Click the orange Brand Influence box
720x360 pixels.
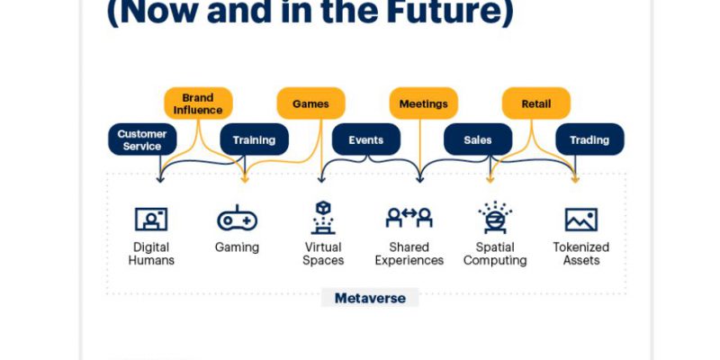198,103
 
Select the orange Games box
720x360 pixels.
310,103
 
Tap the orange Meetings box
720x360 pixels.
423,103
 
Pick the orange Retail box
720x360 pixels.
536,103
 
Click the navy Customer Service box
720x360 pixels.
142,139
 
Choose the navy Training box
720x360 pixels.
255,139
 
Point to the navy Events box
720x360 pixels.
366,139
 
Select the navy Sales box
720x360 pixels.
478,139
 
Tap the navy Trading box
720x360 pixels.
590,139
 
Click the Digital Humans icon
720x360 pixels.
151,219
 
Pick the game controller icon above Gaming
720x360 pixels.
237,218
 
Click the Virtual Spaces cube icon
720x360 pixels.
323,217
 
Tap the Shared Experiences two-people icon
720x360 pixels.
409,217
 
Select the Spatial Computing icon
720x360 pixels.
495,217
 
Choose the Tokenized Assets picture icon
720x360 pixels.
581,220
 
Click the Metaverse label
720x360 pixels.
370,298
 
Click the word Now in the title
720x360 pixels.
151,13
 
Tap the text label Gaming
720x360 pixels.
237,248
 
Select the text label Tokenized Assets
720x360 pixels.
581,254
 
